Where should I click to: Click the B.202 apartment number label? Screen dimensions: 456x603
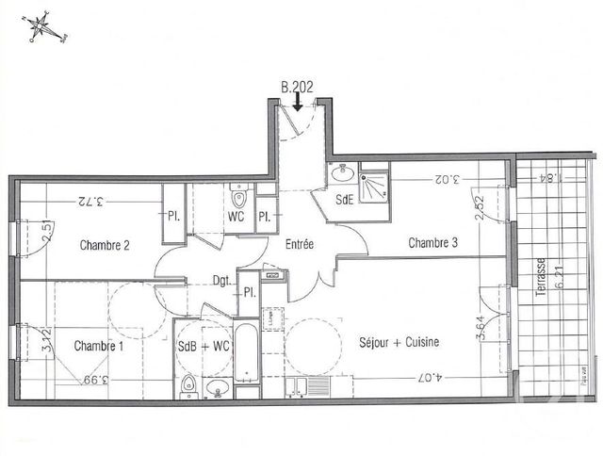(x=297, y=86)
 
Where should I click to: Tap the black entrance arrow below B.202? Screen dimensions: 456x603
(x=298, y=102)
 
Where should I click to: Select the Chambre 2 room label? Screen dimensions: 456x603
(x=105, y=246)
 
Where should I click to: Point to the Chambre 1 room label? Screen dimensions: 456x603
(x=99, y=346)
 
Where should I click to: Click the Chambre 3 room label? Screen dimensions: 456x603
(x=432, y=243)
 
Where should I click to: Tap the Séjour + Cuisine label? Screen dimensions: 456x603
(x=399, y=342)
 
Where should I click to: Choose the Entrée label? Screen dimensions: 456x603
(x=299, y=244)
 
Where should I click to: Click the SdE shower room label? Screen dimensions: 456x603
(x=346, y=199)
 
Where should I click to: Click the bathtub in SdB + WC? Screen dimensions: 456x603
(x=246, y=355)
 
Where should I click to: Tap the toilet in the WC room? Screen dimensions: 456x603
(x=238, y=201)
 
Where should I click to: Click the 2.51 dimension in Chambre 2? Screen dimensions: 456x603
(x=45, y=232)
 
